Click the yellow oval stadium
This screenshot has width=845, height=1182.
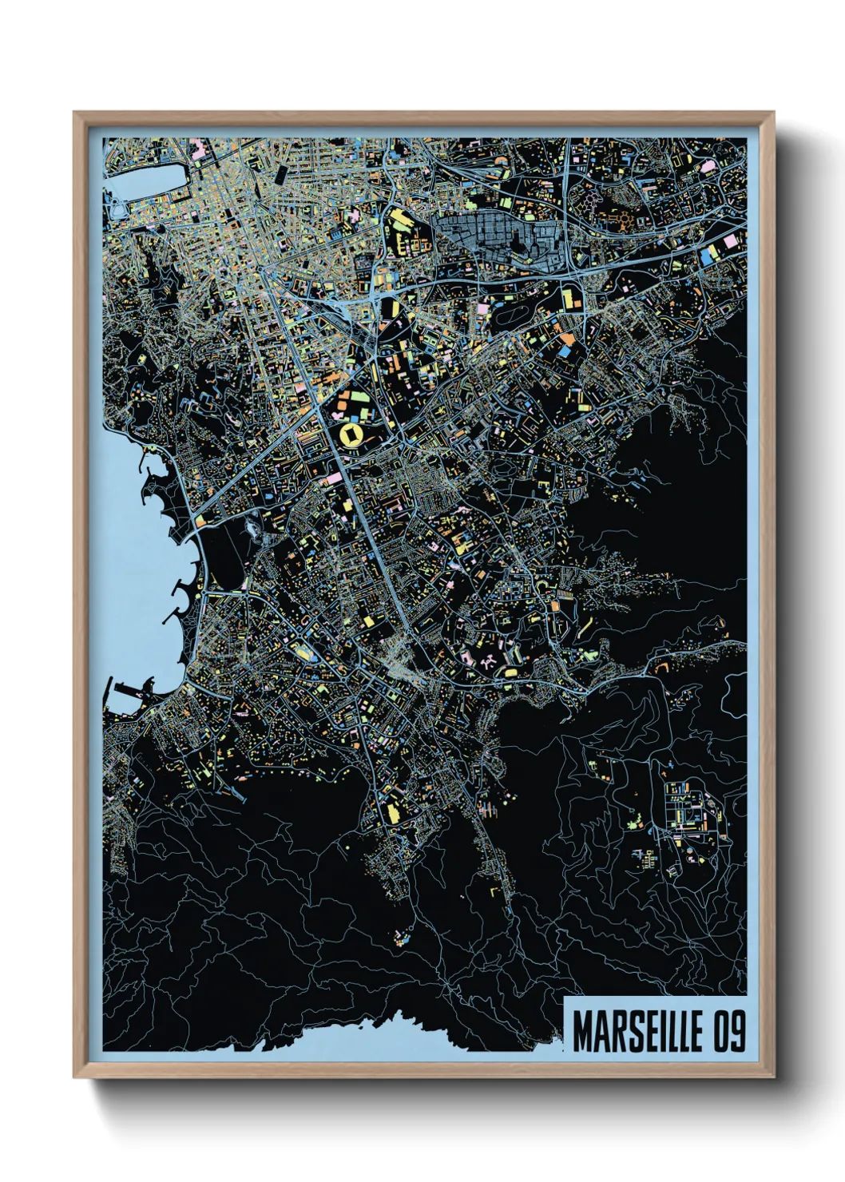coord(350,435)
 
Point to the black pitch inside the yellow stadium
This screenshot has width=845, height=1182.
coord(350,435)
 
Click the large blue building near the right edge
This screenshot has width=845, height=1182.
coord(708,256)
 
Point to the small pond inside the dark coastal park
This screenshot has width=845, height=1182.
coord(254,528)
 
